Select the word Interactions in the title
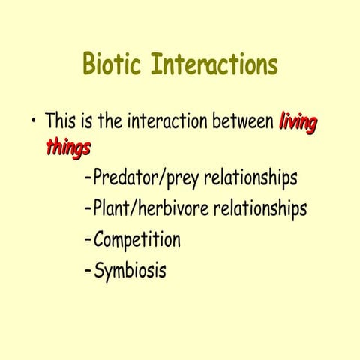(214, 65)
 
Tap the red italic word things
(67, 148)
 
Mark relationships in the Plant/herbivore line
(259, 209)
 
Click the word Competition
(136, 241)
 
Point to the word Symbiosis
(130, 270)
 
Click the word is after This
(88, 121)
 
